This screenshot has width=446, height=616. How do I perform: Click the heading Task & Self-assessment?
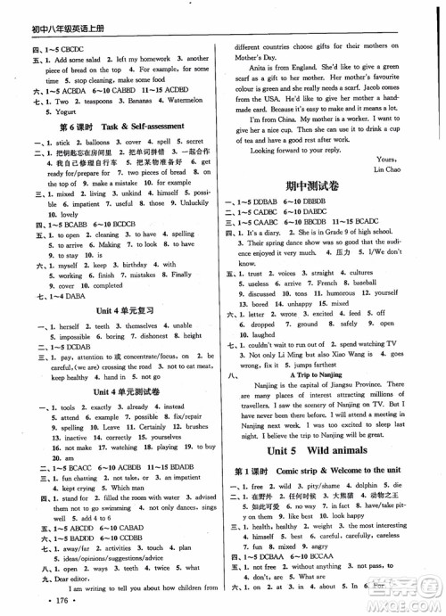140,126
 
